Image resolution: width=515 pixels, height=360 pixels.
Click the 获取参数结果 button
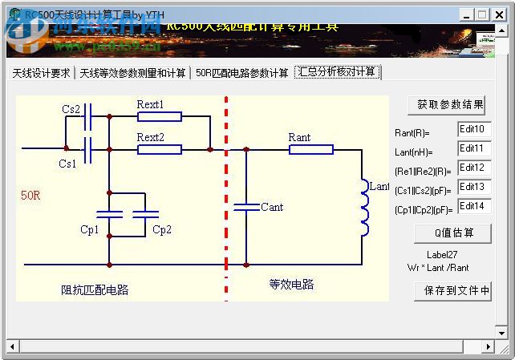pyautogui.click(x=449, y=105)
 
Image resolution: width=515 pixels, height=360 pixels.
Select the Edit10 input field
pyautogui.click(x=473, y=130)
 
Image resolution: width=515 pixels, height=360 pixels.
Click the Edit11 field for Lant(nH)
pyautogui.click(x=473, y=149)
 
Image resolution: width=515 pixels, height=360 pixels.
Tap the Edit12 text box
pyautogui.click(x=473, y=168)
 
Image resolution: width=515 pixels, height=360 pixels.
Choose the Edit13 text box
pyautogui.click(x=473, y=188)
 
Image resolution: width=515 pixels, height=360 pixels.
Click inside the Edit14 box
pyautogui.click(x=473, y=207)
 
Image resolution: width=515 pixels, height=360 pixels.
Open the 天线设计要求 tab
pyautogui.click(x=41, y=73)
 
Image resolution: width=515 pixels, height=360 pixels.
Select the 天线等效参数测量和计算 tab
pyautogui.click(x=132, y=73)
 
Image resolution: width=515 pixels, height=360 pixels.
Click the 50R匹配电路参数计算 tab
pyautogui.click(x=242, y=73)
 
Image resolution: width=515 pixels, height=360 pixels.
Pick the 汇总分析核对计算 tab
pyautogui.click(x=337, y=72)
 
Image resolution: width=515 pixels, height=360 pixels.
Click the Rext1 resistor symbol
pyautogui.click(x=159, y=116)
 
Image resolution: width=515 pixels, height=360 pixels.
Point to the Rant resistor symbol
pyautogui.click(x=310, y=149)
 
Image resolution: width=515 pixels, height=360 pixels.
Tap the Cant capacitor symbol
pyautogui.click(x=246, y=207)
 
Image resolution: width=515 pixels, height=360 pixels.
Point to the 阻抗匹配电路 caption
pyautogui.click(x=95, y=289)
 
